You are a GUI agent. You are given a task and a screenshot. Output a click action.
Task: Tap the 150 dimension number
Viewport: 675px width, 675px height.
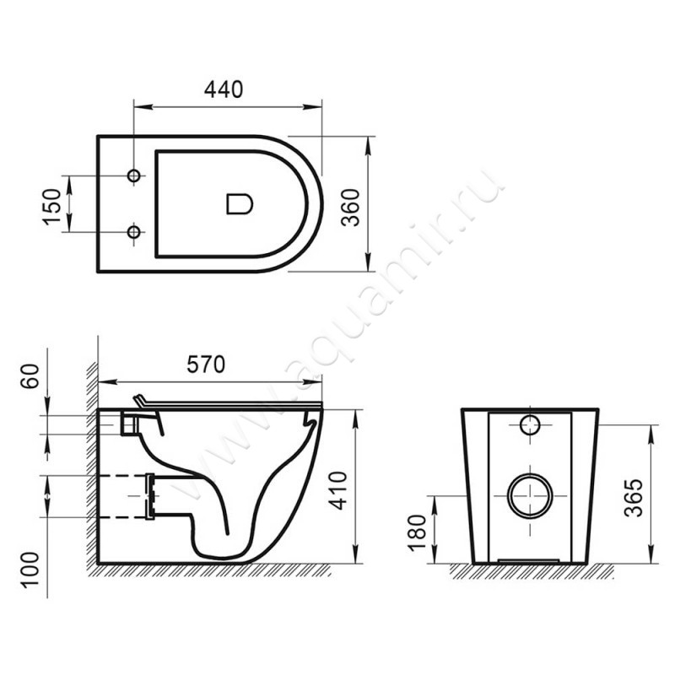(51, 204)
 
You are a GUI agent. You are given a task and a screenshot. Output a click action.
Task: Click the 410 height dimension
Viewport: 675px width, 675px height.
(338, 489)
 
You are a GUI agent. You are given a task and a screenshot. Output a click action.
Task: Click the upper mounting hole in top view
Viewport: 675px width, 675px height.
(133, 175)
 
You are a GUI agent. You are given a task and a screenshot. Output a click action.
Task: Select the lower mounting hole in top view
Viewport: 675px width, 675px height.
(133, 231)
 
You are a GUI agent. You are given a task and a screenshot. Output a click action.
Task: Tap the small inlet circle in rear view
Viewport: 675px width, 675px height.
(531, 425)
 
